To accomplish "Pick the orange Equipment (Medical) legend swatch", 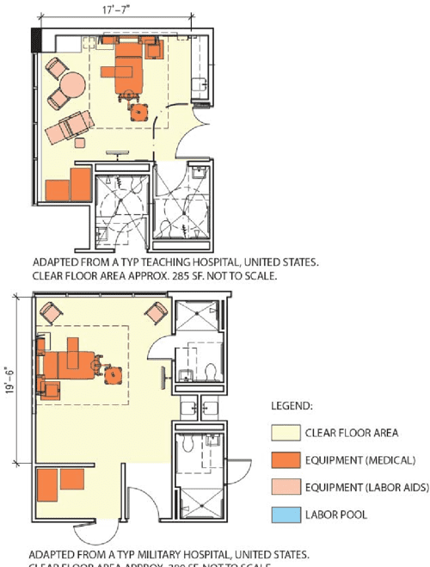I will coord(286,460).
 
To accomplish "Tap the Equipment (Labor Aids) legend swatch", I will coord(286,488).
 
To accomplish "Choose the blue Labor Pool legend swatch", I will coord(286,515).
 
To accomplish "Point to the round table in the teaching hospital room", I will coord(71,85).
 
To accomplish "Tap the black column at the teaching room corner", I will coord(36,39).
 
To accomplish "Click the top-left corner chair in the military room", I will coord(50,314).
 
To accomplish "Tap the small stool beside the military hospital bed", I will coord(113,374).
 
